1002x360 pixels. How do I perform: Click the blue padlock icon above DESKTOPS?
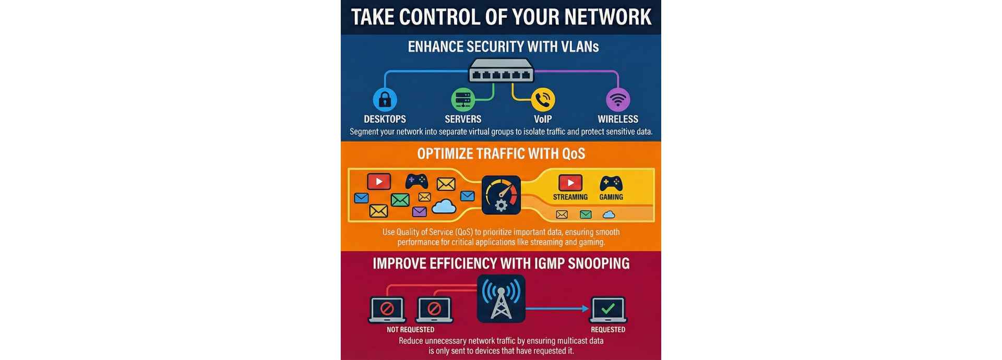(385, 99)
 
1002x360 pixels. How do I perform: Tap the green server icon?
(463, 99)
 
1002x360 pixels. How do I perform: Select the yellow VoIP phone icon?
(543, 99)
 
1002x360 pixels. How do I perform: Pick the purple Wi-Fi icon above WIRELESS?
(618, 99)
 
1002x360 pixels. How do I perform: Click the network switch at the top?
(501, 71)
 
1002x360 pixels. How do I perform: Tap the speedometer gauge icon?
(501, 195)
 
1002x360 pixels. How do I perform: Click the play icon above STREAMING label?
(570, 183)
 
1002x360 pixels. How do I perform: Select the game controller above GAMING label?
(611, 183)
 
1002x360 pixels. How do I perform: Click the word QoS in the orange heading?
(573, 154)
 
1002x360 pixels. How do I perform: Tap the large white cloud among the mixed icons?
(444, 207)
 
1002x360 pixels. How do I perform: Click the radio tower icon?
(501, 299)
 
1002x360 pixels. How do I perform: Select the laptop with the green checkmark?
(608, 310)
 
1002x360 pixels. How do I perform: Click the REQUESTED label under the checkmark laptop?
(608, 330)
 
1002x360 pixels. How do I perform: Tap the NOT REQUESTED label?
(410, 330)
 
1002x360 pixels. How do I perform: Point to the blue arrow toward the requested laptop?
(558, 308)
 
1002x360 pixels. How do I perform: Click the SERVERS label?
(463, 119)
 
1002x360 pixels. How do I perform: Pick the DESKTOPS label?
(385, 119)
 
